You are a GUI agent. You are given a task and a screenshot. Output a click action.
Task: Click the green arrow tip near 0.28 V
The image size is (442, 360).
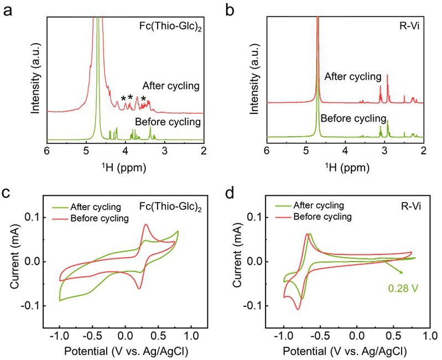coord(402,273)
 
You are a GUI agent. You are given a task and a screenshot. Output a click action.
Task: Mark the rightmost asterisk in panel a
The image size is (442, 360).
coord(143,100)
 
